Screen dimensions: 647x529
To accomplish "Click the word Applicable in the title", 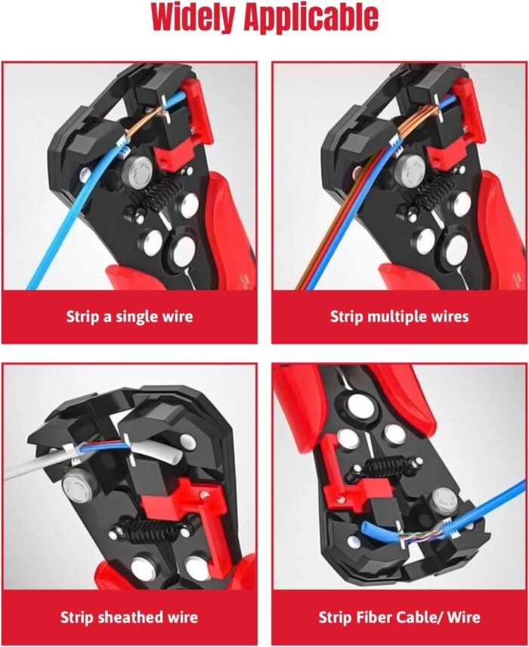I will click(317, 19).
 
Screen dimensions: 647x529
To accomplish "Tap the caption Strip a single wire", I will click(129, 316).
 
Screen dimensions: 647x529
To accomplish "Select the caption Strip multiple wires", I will click(399, 316).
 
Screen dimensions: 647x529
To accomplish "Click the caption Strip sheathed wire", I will click(129, 617).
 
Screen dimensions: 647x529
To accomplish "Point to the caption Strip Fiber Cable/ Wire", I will click(399, 617).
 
